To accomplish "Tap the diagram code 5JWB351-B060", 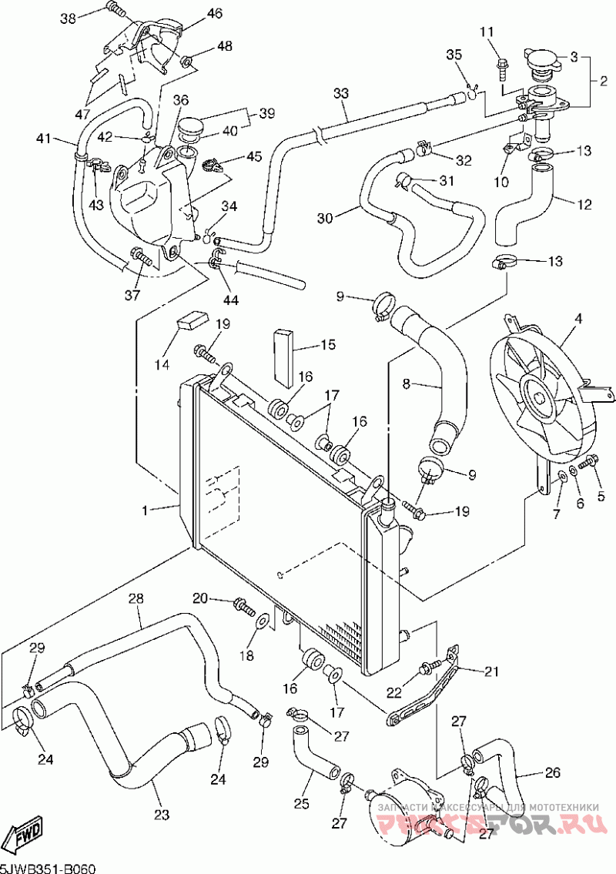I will tap(48, 868).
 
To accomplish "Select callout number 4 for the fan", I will tap(577, 317).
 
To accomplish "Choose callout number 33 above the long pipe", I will tap(341, 93).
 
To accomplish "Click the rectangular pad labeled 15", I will tap(284, 357).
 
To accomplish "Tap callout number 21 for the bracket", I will tap(491, 671).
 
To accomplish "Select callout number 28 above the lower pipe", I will tap(136, 598).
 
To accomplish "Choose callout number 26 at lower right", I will tap(553, 772).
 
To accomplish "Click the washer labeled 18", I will tap(263, 619).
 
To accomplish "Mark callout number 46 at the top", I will tap(214, 13).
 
